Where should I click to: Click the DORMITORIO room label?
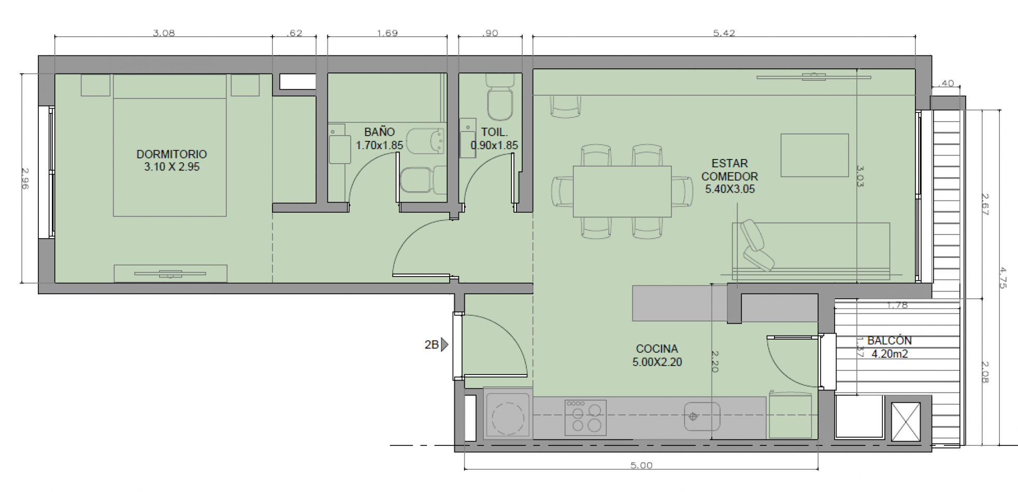click(x=171, y=154)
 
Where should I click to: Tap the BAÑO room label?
click(x=379, y=132)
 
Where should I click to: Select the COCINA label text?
click(x=657, y=349)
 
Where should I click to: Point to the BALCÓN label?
click(x=890, y=341)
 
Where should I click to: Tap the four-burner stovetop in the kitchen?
click(x=585, y=417)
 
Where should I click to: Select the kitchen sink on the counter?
click(x=702, y=416)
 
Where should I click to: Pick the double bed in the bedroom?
click(x=170, y=146)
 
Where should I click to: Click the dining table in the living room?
click(x=622, y=191)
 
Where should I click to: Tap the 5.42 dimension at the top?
click(x=724, y=33)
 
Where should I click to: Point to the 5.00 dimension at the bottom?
click(x=641, y=466)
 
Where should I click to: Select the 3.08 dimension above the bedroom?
click(x=164, y=33)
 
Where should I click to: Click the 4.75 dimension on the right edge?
click(x=1002, y=278)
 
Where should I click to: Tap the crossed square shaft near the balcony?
click(x=906, y=422)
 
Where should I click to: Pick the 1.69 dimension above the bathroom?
click(x=387, y=33)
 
